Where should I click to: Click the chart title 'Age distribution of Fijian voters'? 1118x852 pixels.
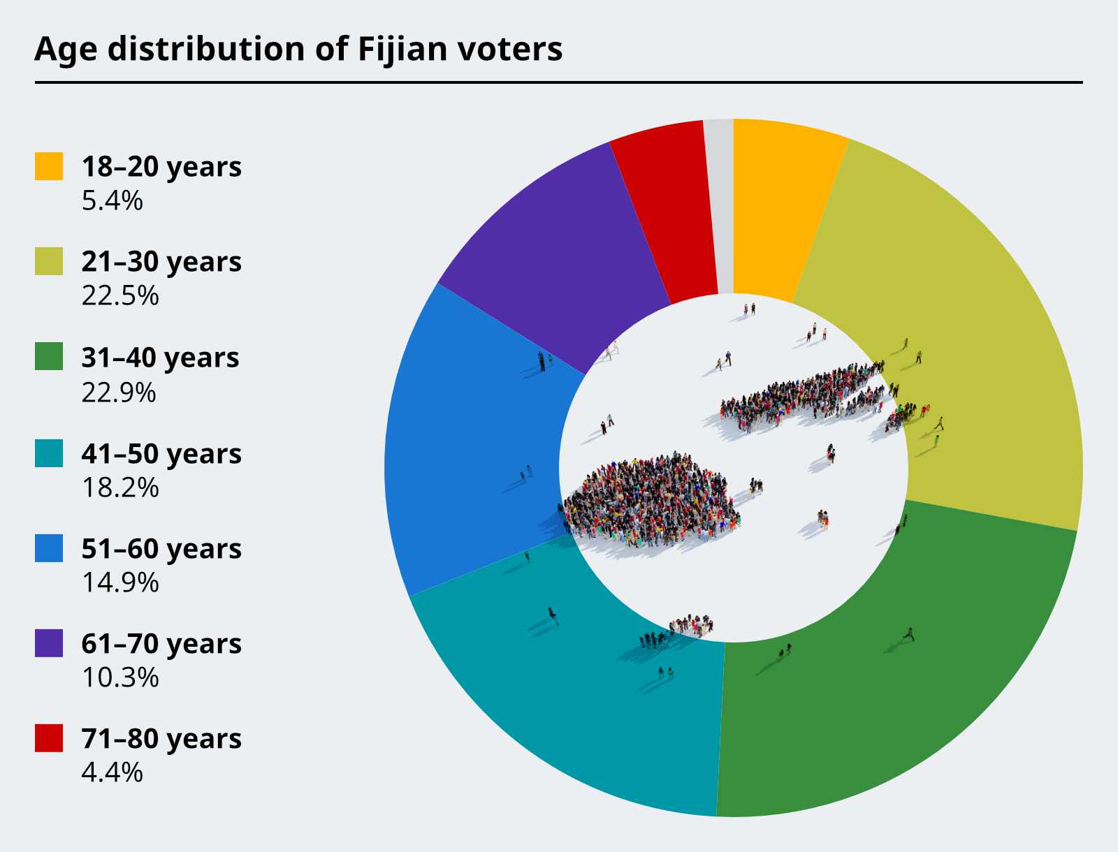[x=298, y=50]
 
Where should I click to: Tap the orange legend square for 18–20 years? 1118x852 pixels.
[x=49, y=166]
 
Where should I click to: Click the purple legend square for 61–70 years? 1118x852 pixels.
[x=49, y=642]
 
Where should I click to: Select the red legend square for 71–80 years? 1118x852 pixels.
[x=49, y=738]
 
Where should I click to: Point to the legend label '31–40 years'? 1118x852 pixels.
[x=161, y=358]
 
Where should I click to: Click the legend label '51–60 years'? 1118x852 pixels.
[x=161, y=549]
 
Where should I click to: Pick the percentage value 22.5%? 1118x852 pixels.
[x=120, y=295]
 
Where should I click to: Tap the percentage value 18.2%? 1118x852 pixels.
[x=120, y=487]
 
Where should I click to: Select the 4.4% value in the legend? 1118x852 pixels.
[x=112, y=772]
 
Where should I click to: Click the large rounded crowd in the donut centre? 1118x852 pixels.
[x=649, y=501]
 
